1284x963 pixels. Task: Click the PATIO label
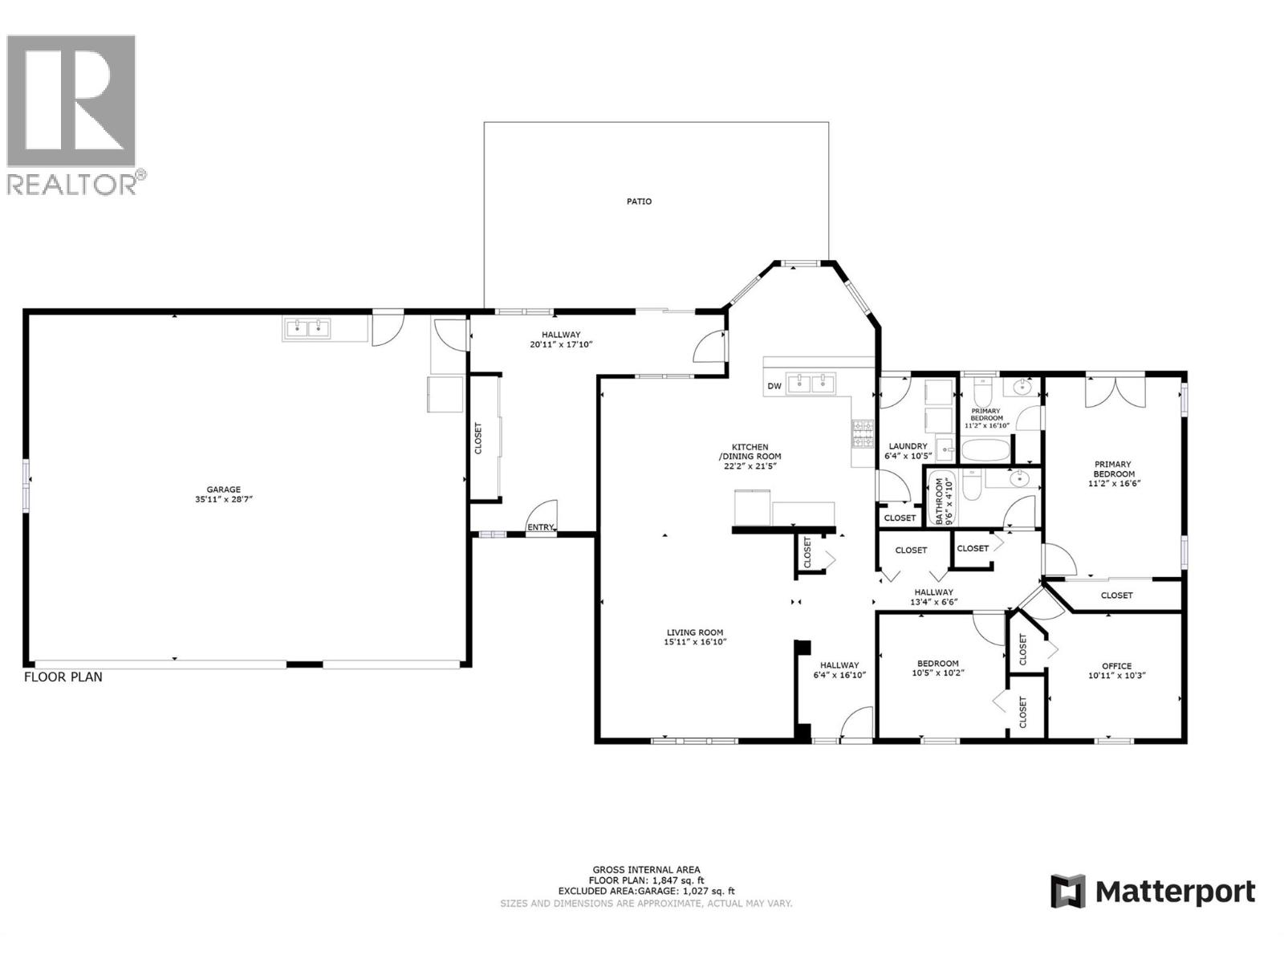click(x=639, y=201)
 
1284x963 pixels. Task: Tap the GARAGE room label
click(x=223, y=490)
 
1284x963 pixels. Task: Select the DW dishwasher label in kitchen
click(x=774, y=386)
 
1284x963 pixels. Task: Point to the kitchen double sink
click(x=811, y=383)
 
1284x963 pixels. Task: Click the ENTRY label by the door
click(x=540, y=527)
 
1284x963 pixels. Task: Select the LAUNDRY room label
click(x=908, y=446)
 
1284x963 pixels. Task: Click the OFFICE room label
click(x=1116, y=665)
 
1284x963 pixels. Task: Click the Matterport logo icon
click(x=1068, y=891)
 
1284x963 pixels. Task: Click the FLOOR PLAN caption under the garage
click(x=63, y=677)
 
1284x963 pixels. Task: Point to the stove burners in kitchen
click(x=863, y=433)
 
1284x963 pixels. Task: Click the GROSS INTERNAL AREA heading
click(x=646, y=869)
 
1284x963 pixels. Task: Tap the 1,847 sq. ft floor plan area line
click(x=646, y=880)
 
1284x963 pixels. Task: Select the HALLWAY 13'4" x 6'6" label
click(x=932, y=597)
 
